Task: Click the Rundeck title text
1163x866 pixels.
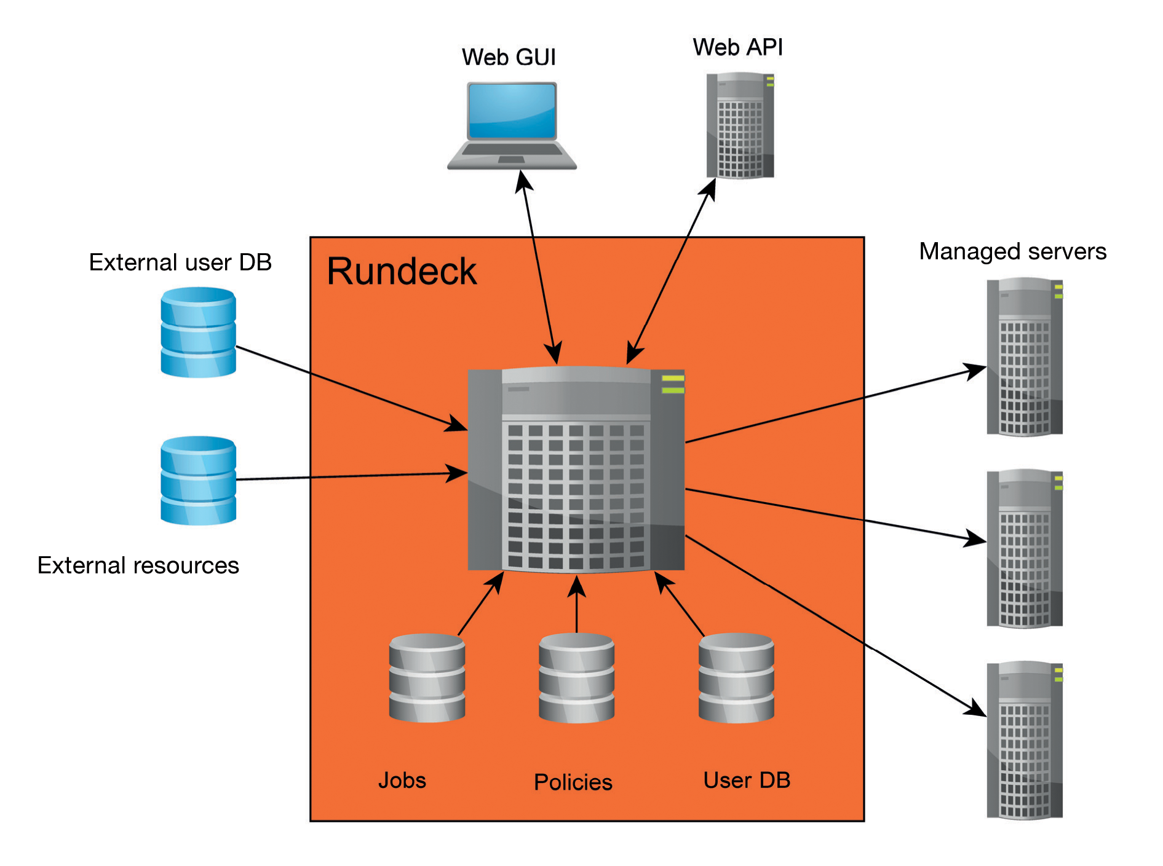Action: [x=401, y=271]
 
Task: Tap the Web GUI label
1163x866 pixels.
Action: [x=508, y=57]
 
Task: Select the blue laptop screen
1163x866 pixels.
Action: [x=512, y=111]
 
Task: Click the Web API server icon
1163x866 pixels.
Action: [x=739, y=126]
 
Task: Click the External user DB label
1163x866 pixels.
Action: [x=180, y=262]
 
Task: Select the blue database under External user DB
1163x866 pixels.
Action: [x=198, y=332]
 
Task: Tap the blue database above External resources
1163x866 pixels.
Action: [x=198, y=480]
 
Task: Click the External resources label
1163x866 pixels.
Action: [x=138, y=565]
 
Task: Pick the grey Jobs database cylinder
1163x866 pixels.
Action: [x=427, y=678]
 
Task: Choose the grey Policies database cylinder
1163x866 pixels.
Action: [x=576, y=678]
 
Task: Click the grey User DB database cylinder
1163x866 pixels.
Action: [x=736, y=678]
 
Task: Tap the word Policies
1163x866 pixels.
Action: [x=573, y=782]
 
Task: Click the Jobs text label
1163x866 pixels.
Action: [x=402, y=781]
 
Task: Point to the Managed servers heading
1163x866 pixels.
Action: [x=1012, y=251]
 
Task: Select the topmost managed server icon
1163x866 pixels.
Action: [x=1024, y=357]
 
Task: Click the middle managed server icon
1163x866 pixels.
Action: [x=1024, y=548]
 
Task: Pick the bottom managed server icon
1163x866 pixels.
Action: [x=1024, y=740]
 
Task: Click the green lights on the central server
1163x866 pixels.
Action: [x=672, y=384]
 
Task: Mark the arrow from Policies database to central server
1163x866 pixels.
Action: [x=576, y=605]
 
